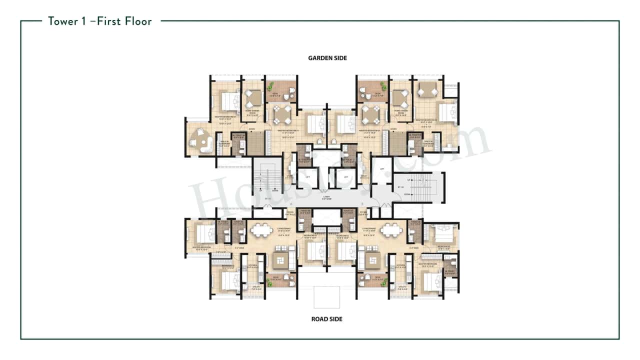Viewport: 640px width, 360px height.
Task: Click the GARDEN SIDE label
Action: pos(327,58)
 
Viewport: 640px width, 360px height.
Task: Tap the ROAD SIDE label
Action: pos(327,319)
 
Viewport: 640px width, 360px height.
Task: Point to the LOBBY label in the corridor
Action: pos(326,196)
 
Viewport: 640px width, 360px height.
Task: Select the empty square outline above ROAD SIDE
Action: pos(326,296)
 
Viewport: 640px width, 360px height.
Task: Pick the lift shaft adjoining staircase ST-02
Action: pos(382,170)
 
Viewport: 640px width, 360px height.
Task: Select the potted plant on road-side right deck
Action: pos(384,283)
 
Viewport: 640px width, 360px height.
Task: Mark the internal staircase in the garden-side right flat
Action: pos(385,143)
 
